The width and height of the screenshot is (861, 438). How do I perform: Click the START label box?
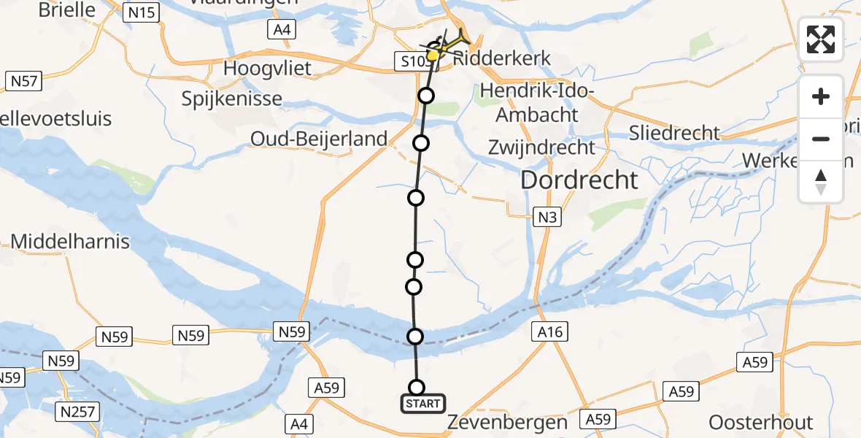pyautogui.click(x=422, y=403)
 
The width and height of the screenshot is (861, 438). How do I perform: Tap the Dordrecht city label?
pyautogui.click(x=579, y=180)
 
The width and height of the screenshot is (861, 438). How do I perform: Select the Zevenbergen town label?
pyautogui.click(x=506, y=423)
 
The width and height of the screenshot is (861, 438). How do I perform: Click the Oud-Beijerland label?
pyautogui.click(x=319, y=138)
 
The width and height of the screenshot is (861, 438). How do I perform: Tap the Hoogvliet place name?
pyautogui.click(x=267, y=69)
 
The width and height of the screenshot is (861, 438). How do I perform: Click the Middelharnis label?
pyautogui.click(x=70, y=241)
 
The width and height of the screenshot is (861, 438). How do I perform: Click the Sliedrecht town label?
pyautogui.click(x=675, y=133)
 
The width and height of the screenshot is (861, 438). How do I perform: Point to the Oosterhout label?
pyautogui.click(x=760, y=423)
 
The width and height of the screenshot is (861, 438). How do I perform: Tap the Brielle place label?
pyautogui.click(x=66, y=9)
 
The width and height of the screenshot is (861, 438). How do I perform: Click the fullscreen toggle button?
pyautogui.click(x=821, y=39)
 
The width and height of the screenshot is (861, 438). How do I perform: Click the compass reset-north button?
pyautogui.click(x=821, y=182)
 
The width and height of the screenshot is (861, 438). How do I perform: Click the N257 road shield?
pyautogui.click(x=77, y=412)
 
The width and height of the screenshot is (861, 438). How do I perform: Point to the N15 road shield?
pyautogui.click(x=142, y=12)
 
